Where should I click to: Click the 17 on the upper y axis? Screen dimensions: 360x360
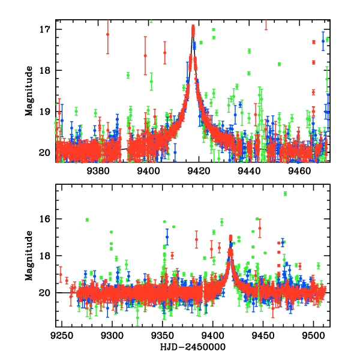[x=44, y=29]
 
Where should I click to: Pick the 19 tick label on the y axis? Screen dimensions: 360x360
[x=44, y=112]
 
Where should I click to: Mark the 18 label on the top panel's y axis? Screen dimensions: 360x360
[x=44, y=71]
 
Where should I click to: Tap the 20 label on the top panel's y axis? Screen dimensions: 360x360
[x=44, y=153]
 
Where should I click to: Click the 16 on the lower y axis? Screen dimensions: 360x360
[x=44, y=218]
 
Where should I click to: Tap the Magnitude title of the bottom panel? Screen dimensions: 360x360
[x=29, y=256]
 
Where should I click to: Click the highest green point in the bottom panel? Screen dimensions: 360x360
[x=285, y=194]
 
